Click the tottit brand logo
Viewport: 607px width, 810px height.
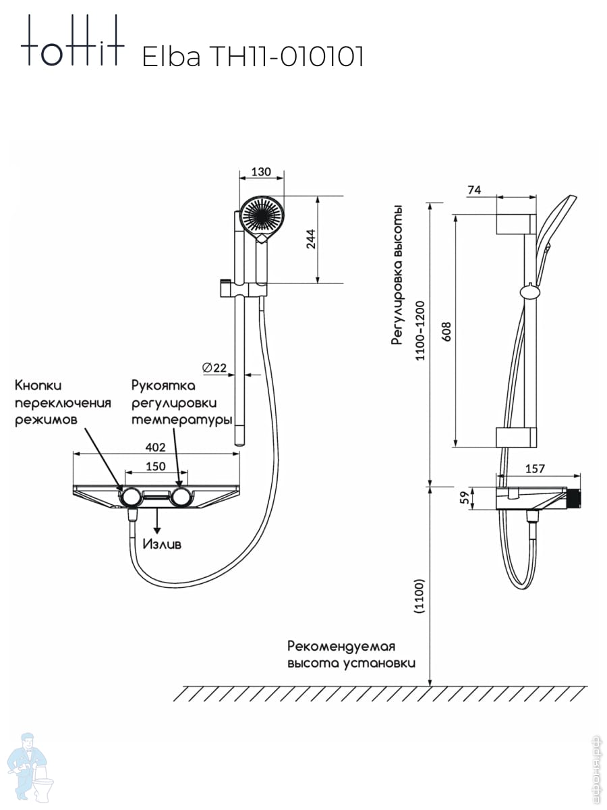[72, 42]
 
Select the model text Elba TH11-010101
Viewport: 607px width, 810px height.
[253, 57]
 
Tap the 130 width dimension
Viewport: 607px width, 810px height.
[261, 171]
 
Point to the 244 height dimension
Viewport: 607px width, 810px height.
[310, 240]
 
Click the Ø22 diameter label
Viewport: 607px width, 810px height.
[214, 368]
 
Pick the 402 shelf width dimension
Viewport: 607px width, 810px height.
[155, 447]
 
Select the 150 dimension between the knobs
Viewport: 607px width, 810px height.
[156, 466]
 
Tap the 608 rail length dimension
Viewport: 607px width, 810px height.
[446, 331]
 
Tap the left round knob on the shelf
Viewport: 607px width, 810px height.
[129, 497]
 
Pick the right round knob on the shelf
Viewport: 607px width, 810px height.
[181, 497]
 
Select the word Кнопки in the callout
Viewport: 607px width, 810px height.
[38, 385]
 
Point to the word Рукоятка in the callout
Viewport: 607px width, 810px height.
[163, 386]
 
